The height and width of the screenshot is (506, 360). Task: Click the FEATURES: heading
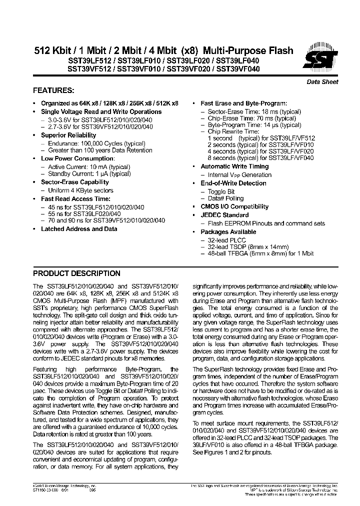tap(53, 91)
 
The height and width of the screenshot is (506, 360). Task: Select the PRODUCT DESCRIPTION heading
tap(76, 273)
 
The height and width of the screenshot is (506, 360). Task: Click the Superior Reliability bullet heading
tap(68, 135)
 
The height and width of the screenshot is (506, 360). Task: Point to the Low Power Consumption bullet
tap(70, 158)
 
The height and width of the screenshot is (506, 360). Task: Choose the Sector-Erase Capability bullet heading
tap(74, 182)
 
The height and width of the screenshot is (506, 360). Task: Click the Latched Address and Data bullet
tap(79, 229)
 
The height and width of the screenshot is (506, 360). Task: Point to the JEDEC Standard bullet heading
tap(224, 215)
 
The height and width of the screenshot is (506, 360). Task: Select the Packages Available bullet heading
tap(228, 232)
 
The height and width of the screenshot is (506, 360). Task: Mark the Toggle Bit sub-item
tap(221, 191)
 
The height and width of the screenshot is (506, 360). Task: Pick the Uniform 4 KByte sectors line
tap(80, 190)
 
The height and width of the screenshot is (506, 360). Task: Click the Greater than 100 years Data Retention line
tap(100, 150)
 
